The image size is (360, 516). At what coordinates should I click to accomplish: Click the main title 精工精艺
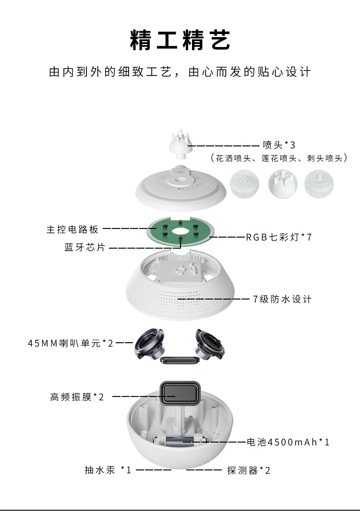click(x=180, y=40)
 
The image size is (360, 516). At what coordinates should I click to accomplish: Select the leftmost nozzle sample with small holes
click(x=246, y=184)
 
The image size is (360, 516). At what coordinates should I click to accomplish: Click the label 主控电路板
click(x=72, y=229)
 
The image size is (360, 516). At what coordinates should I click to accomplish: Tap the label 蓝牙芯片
click(x=85, y=248)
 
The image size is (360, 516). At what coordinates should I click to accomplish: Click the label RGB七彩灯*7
click(x=279, y=237)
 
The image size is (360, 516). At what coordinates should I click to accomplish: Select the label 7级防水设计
click(x=282, y=299)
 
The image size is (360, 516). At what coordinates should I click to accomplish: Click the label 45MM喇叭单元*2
click(x=71, y=343)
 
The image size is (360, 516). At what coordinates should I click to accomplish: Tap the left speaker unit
click(x=149, y=345)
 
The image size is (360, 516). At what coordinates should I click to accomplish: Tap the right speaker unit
click(x=209, y=345)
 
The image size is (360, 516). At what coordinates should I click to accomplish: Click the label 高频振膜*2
click(x=77, y=397)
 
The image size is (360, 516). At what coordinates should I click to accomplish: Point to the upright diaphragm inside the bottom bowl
click(x=180, y=393)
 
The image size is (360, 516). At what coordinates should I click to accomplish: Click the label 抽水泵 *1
click(x=108, y=470)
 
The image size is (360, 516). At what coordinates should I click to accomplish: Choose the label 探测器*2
click(x=249, y=470)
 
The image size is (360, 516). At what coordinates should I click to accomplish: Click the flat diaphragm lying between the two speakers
click(x=180, y=360)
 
